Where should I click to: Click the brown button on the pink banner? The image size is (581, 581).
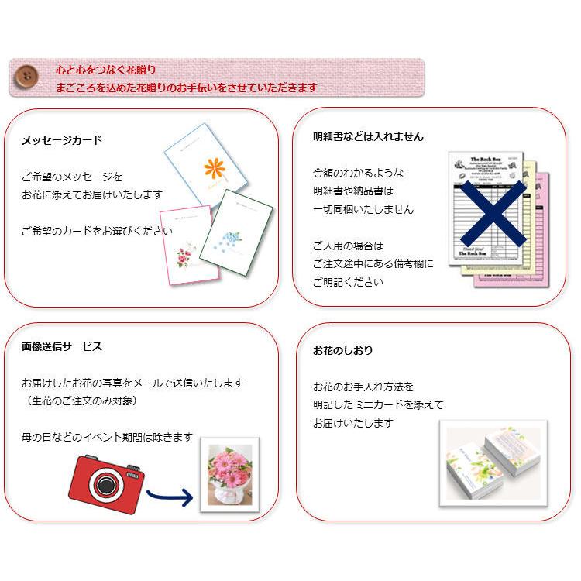27,77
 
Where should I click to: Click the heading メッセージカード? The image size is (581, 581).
62,140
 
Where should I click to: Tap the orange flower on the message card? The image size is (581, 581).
214,168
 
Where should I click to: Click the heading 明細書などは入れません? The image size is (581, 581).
368,136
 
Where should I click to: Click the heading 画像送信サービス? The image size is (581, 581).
62,346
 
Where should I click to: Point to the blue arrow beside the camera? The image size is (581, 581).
170,496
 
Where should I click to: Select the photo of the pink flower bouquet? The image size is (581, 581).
229,475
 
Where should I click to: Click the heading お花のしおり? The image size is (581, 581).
343,350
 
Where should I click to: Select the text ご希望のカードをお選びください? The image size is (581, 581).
97,231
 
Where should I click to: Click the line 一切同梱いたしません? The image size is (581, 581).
363,209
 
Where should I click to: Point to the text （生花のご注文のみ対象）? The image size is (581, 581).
81,401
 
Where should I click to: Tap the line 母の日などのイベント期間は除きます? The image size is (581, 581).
107,438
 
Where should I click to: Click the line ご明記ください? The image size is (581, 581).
348,282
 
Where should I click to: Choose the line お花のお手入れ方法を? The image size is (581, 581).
363,386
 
